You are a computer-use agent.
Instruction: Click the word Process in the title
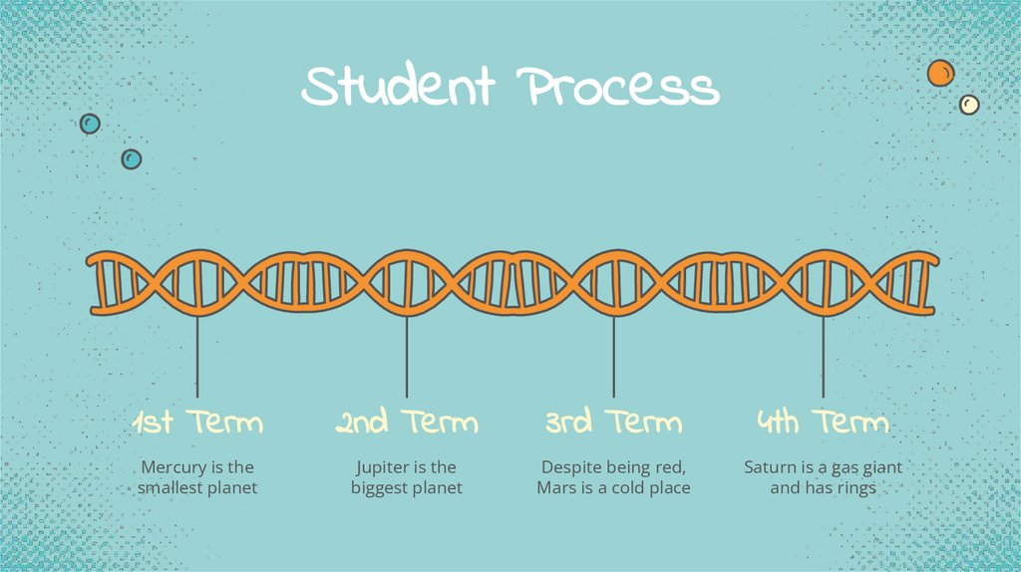(x=618, y=88)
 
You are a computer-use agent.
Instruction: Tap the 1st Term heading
(x=197, y=423)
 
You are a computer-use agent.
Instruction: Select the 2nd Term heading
(x=407, y=423)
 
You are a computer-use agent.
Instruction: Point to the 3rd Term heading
(x=613, y=423)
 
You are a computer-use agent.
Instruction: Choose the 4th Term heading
(x=823, y=423)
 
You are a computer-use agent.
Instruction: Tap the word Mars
(x=557, y=488)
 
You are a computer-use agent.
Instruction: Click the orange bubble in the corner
(x=940, y=73)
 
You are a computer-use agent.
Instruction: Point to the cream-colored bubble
(x=968, y=105)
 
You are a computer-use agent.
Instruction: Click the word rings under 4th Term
(x=854, y=488)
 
